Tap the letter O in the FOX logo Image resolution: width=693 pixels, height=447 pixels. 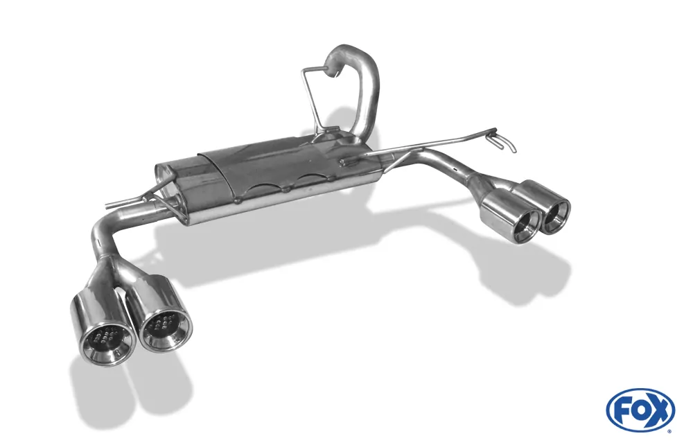639,410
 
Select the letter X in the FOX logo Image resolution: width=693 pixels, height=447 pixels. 658,410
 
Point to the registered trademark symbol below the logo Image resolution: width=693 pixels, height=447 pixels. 669,430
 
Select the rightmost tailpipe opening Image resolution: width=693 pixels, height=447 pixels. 556,216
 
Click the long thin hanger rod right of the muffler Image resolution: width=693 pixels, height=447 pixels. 430,144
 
